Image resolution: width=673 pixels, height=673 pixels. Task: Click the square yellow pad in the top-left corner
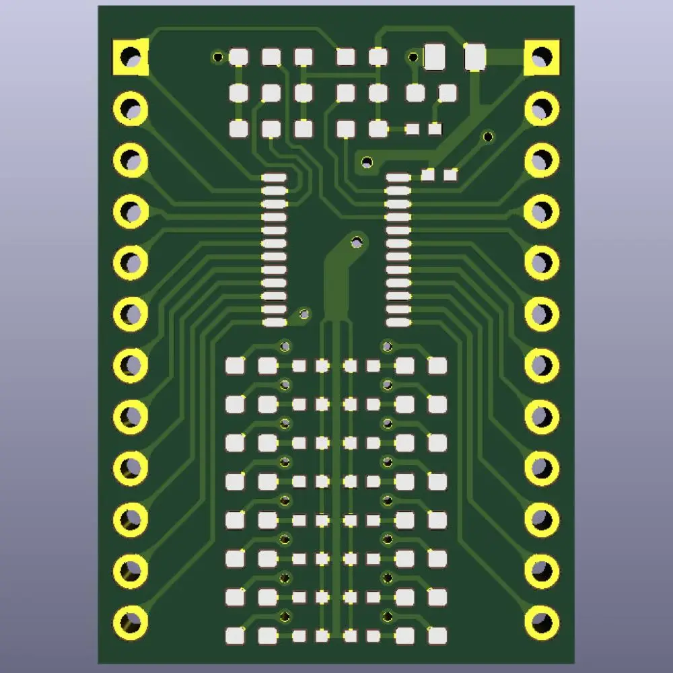point(130,57)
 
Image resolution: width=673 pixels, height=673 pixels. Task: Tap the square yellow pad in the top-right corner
point(542,57)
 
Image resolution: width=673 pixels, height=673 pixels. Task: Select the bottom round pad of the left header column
point(131,621)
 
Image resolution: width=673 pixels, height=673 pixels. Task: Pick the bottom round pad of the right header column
point(542,621)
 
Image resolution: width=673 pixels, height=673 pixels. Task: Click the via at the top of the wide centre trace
point(355,240)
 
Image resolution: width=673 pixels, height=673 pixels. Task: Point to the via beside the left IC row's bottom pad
point(304,314)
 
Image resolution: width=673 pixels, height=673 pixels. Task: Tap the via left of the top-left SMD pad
point(218,57)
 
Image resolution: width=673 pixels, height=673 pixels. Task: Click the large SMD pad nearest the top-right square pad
point(475,57)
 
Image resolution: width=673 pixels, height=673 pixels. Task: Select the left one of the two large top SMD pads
point(435,57)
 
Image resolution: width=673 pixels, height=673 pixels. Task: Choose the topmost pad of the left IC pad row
point(274,178)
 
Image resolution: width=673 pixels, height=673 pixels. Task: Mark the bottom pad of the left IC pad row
point(274,322)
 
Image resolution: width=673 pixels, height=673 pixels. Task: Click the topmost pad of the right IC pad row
point(398,178)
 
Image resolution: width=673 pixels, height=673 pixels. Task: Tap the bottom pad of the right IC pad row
point(398,322)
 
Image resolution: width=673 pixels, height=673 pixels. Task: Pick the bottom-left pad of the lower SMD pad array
point(235,635)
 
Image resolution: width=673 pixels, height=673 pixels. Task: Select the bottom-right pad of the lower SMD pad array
point(437,635)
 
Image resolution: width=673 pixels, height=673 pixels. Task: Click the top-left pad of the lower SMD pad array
point(235,365)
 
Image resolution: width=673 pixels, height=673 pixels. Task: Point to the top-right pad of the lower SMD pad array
point(437,365)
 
